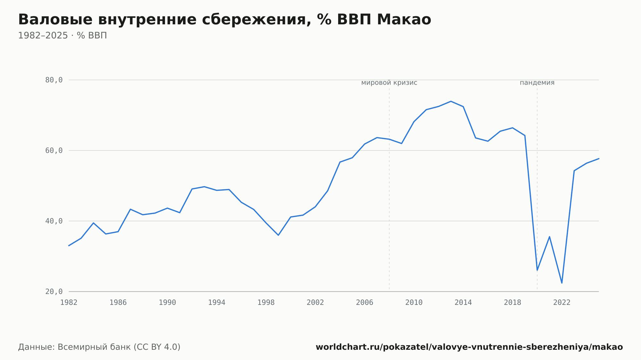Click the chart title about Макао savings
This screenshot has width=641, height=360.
[224, 20]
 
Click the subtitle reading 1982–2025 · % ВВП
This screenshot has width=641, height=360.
[62, 36]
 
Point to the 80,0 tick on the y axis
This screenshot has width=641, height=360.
[54, 80]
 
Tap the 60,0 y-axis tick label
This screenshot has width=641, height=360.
[54, 151]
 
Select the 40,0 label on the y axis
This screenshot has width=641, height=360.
[54, 221]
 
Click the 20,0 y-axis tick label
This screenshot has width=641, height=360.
[54, 291]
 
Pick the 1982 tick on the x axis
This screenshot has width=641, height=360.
[69, 303]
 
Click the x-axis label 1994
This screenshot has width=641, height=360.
[217, 303]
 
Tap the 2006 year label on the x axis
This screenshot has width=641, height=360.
[365, 303]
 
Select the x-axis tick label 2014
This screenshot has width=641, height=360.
[463, 303]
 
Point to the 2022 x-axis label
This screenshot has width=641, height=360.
[562, 303]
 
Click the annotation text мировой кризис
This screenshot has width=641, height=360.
[389, 83]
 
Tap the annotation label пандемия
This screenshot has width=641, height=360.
[537, 83]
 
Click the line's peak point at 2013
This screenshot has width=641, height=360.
[451, 101]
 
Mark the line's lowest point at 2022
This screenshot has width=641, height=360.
[562, 283]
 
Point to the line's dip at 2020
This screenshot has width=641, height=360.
[537, 270]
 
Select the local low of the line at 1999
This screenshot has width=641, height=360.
[278, 235]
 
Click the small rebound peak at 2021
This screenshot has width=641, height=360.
[549, 237]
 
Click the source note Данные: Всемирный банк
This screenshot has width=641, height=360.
[99, 347]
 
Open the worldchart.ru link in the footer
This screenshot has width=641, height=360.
[469, 347]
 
